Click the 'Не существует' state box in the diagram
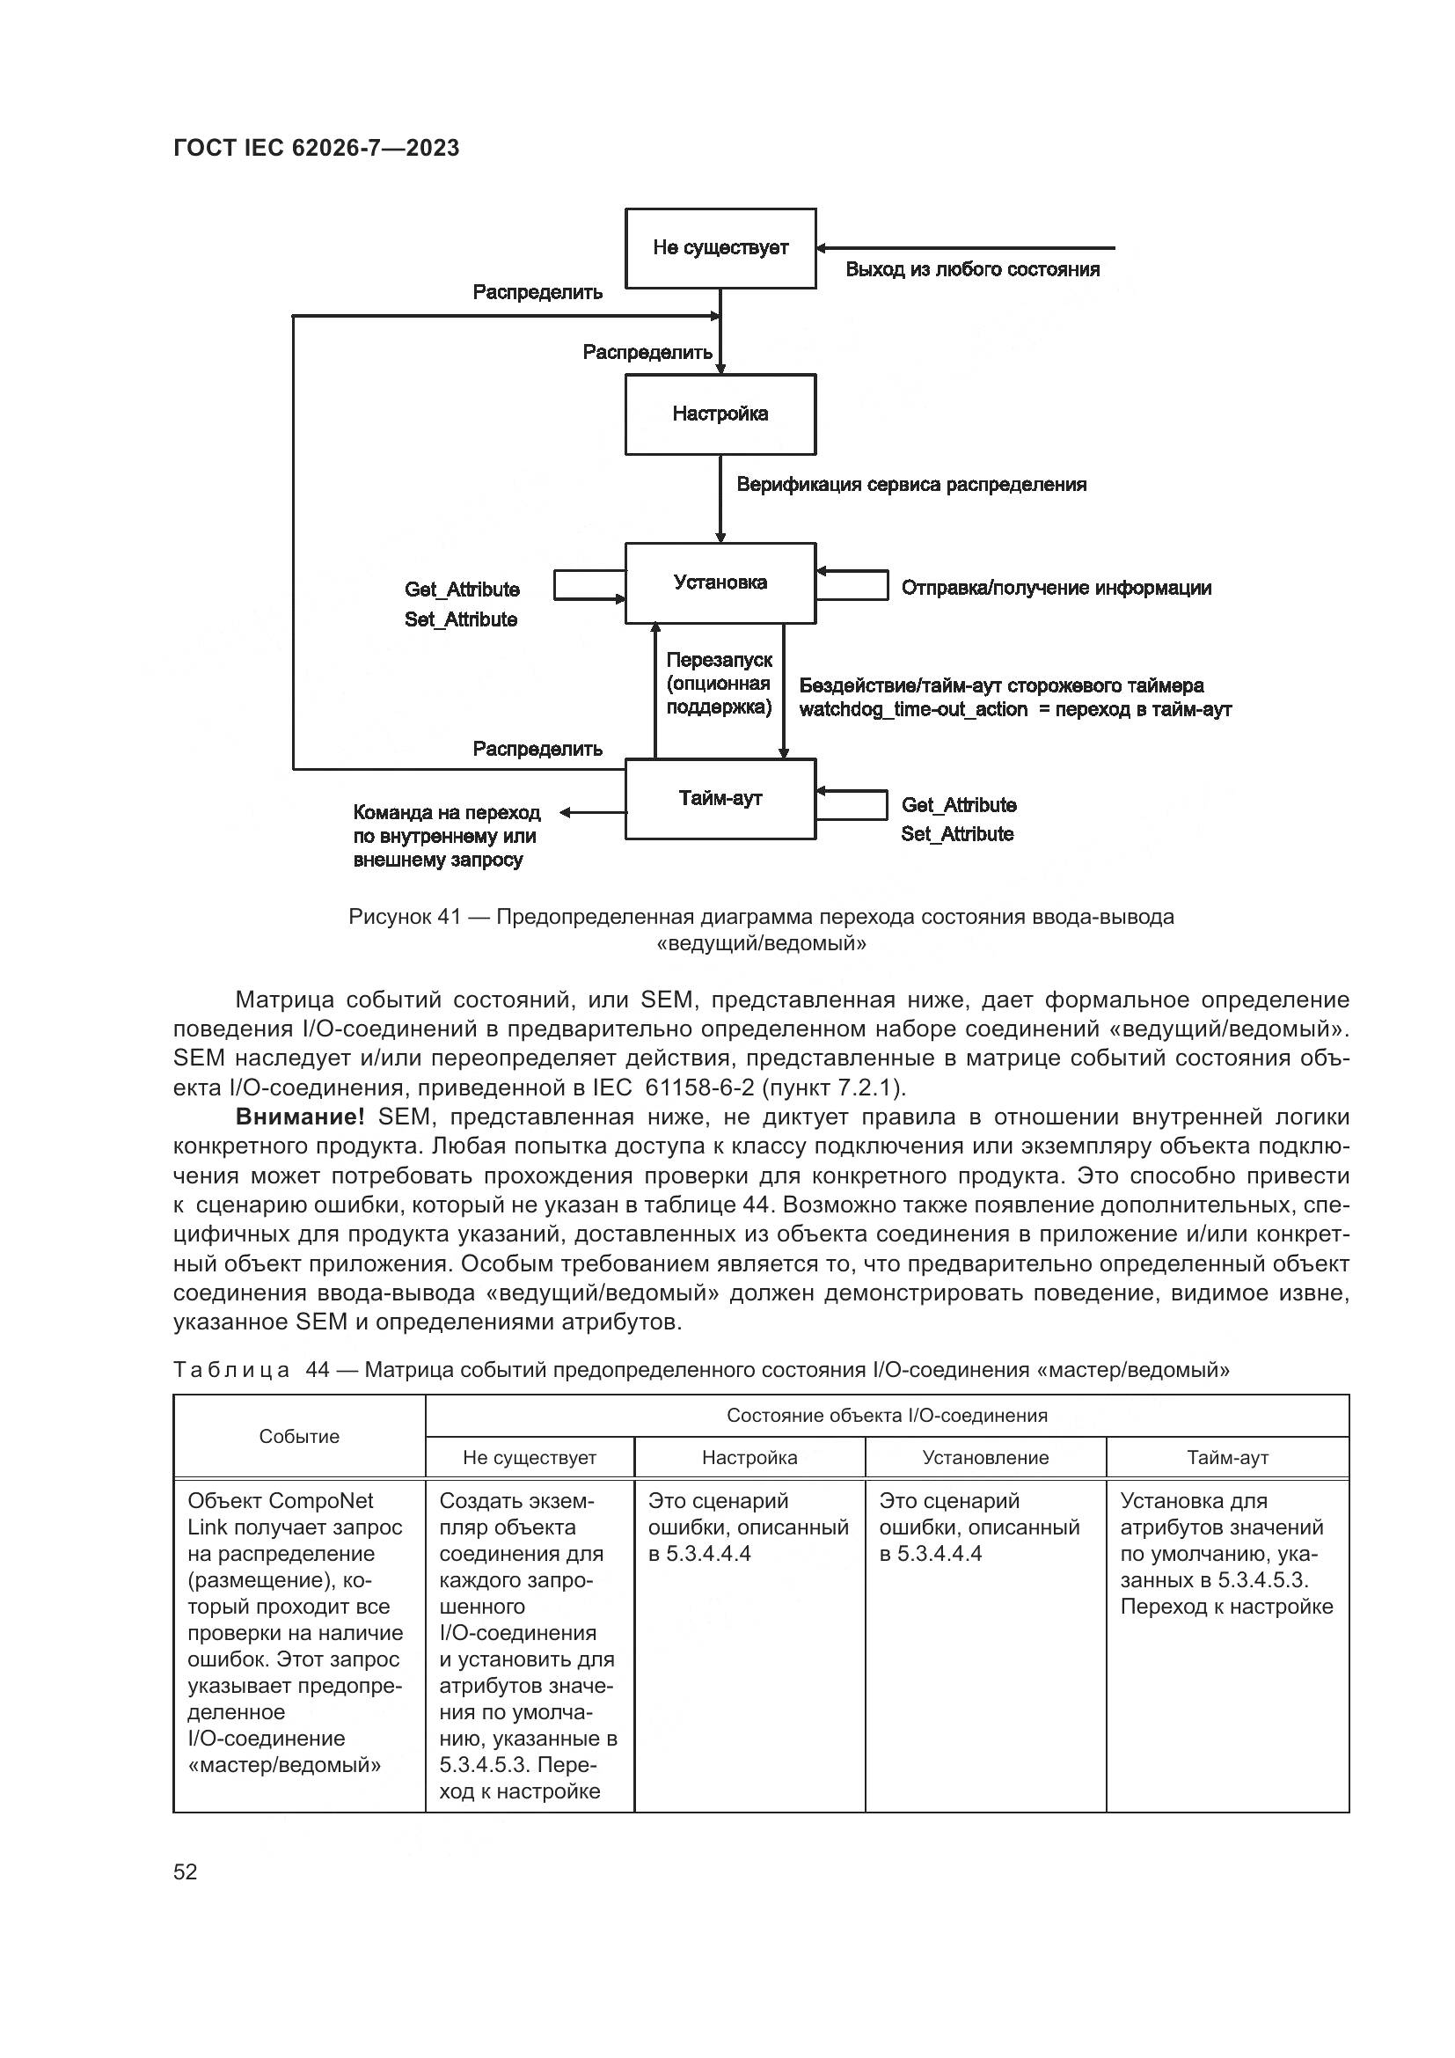click(x=720, y=248)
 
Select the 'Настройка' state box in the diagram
click(x=720, y=414)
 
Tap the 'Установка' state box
click(x=720, y=582)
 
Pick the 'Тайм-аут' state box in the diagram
click(x=720, y=799)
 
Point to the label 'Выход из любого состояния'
click(x=972, y=270)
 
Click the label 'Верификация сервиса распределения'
click(x=911, y=485)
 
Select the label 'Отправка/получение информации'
click(x=1057, y=588)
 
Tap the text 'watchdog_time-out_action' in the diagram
click(x=913, y=710)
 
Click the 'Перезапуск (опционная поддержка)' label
click(x=719, y=684)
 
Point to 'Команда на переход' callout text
click(x=446, y=813)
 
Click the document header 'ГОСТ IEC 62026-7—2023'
click(x=317, y=149)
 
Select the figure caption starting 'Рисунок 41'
click(x=761, y=929)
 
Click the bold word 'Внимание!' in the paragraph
click(x=299, y=1117)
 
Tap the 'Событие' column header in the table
click(x=299, y=1437)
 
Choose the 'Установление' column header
click(x=985, y=1458)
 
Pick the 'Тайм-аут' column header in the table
click(x=1227, y=1458)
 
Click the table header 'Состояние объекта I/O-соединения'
click(x=887, y=1417)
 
